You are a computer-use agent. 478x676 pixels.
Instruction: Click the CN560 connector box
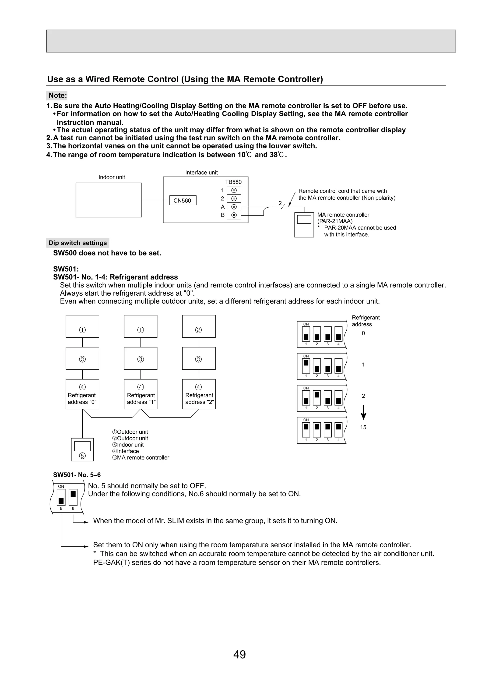click(x=183, y=201)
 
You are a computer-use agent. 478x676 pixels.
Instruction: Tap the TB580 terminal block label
click(x=233, y=182)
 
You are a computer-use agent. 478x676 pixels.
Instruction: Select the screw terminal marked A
click(x=234, y=207)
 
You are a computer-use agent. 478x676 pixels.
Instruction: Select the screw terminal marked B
click(x=234, y=215)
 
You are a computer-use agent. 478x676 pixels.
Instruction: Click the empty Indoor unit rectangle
click(x=108, y=200)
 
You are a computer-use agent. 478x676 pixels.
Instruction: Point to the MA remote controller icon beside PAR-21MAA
click(x=304, y=225)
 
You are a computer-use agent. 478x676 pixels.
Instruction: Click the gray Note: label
click(x=57, y=96)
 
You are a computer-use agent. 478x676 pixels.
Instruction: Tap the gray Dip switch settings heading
click(x=78, y=243)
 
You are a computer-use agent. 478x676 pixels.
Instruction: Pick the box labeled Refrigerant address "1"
click(x=141, y=394)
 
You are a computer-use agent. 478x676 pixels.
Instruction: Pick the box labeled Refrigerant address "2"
click(x=199, y=394)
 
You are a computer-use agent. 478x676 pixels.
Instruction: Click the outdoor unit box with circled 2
click(x=199, y=326)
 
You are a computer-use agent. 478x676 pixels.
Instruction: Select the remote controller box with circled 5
click(x=82, y=449)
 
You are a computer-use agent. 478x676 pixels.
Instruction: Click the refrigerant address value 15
click(x=363, y=427)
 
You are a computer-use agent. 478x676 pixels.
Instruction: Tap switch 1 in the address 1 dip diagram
click(x=306, y=366)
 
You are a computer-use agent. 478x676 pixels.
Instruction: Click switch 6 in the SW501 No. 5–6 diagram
click(x=73, y=498)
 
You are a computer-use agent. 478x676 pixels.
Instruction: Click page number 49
click(x=239, y=654)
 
